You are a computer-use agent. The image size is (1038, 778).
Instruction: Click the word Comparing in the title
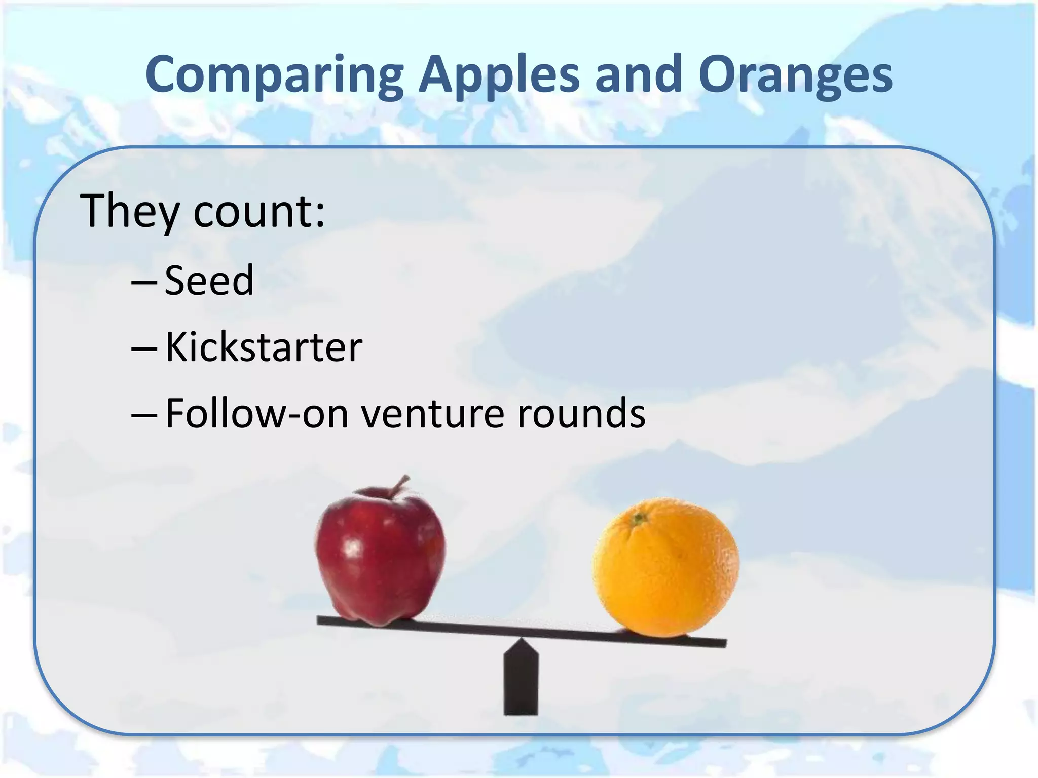[x=274, y=76]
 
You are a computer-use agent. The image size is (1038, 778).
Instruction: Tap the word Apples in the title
[x=499, y=76]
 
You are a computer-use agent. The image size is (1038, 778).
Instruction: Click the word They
[x=130, y=212]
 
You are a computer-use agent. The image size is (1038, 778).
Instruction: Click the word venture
[x=432, y=415]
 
